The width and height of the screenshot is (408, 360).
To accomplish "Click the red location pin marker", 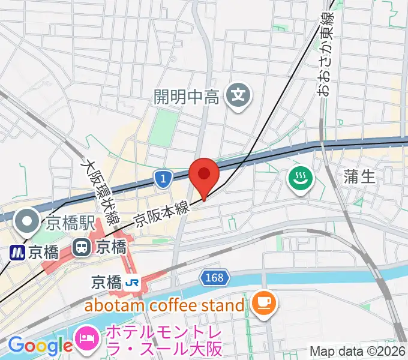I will (x=203, y=175).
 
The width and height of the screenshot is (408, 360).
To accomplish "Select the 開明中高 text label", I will (x=186, y=96).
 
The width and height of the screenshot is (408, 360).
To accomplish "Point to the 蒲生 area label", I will (x=359, y=176).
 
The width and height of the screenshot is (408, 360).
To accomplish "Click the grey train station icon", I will (x=80, y=246).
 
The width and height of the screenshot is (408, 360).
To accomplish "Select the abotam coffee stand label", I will (x=164, y=305).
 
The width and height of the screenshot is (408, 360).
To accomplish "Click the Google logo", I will (x=40, y=346).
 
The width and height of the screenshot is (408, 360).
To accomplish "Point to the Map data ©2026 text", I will (x=357, y=351).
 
